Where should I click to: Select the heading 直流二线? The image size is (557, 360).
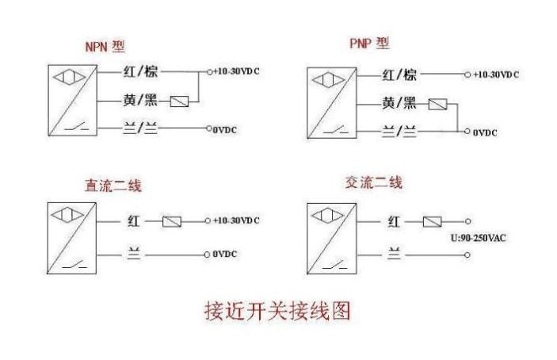pos(113,187)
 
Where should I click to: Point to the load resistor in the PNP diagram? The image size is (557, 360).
pos(437,104)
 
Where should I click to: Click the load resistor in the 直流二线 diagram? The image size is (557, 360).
pos(172,221)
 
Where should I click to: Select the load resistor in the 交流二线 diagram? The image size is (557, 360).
pos(433,222)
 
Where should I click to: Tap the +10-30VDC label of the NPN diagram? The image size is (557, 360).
pos(237,72)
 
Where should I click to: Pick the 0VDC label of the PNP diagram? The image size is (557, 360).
pos(485,132)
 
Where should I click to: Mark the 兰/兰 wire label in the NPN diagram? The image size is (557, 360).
pos(141,128)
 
